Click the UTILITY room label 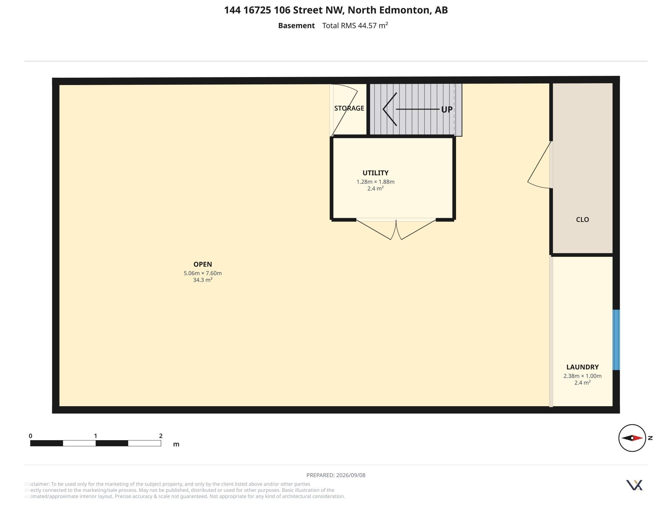coord(375,173)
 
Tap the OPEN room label coord(203,264)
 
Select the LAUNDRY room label coord(583,367)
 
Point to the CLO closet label coord(583,220)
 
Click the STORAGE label coord(349,108)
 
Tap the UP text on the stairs coord(447,110)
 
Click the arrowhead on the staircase coord(389,109)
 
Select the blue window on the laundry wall coord(616,340)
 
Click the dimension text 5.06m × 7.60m coord(203,273)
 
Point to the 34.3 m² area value coord(203,280)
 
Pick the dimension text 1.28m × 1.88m coord(375,182)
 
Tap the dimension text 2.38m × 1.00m coord(583,376)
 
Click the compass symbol coord(632,438)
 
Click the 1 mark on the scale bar coord(95,436)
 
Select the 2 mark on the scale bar coord(161,436)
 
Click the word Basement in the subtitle coord(296,26)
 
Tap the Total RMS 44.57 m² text coord(355,25)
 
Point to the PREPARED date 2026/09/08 coord(351,475)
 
